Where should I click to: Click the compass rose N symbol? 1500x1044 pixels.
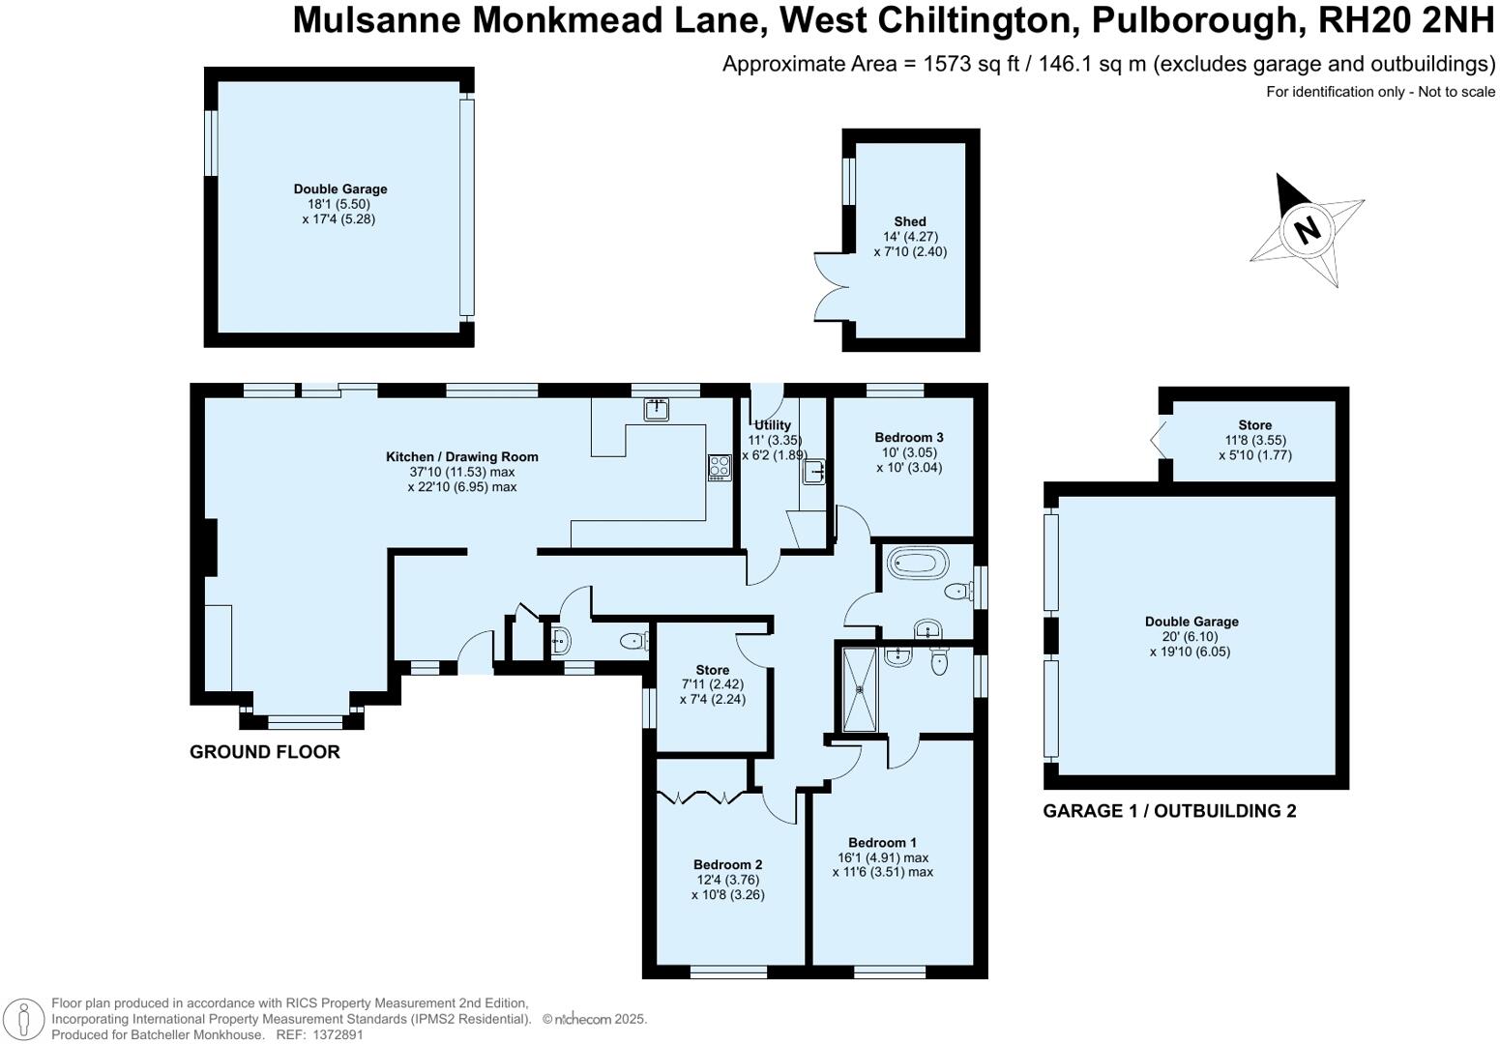pyautogui.click(x=1307, y=230)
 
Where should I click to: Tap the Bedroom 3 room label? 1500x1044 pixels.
pyautogui.click(x=908, y=438)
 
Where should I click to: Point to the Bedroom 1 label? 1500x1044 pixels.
pyautogui.click(x=882, y=843)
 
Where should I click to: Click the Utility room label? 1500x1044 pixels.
pyautogui.click(x=772, y=425)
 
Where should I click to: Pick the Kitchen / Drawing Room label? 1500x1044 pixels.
pyautogui.click(x=461, y=457)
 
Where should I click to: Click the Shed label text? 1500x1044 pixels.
pyautogui.click(x=909, y=222)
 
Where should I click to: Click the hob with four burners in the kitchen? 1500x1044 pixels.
pyautogui.click(x=719, y=468)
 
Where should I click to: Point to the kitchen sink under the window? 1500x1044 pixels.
pyautogui.click(x=657, y=409)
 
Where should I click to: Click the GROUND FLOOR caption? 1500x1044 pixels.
pyautogui.click(x=264, y=752)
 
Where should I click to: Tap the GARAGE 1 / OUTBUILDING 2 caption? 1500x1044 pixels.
pyautogui.click(x=1168, y=811)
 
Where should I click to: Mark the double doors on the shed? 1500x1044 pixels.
pyautogui.click(x=829, y=286)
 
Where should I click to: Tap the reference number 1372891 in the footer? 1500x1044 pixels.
pyautogui.click(x=335, y=1034)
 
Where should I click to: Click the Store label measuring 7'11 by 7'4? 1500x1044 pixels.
pyautogui.click(x=712, y=670)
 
